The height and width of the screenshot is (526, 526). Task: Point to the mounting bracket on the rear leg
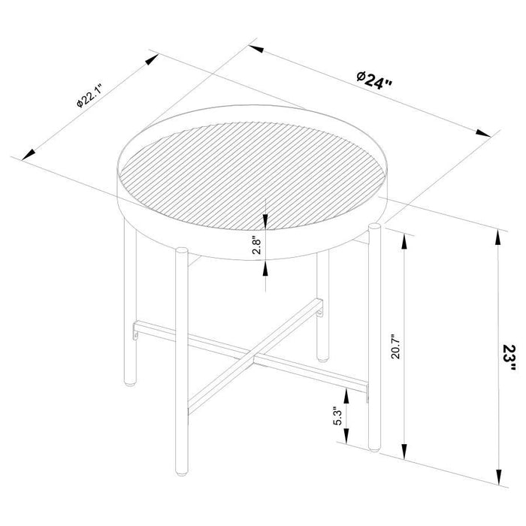click(320, 307)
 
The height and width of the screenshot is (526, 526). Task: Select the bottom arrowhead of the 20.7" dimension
click(407, 458)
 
